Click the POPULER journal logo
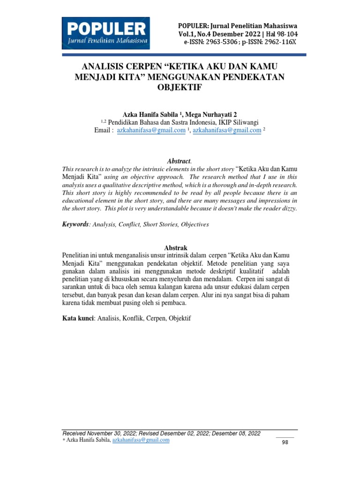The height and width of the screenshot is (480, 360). point(106,33)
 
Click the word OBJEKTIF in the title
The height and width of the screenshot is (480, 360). point(180,87)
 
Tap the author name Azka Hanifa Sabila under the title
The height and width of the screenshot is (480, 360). point(150,114)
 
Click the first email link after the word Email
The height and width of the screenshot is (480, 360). point(151,131)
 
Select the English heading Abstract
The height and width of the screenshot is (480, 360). point(179,161)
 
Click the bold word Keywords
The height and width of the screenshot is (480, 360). point(75,225)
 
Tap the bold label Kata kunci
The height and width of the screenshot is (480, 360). point(78,318)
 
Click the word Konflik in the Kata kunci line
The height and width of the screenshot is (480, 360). point(135,318)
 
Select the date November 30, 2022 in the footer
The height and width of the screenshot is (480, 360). point(115,433)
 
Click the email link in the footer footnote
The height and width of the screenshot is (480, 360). point(141,440)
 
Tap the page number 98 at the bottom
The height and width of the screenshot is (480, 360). point(285,442)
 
